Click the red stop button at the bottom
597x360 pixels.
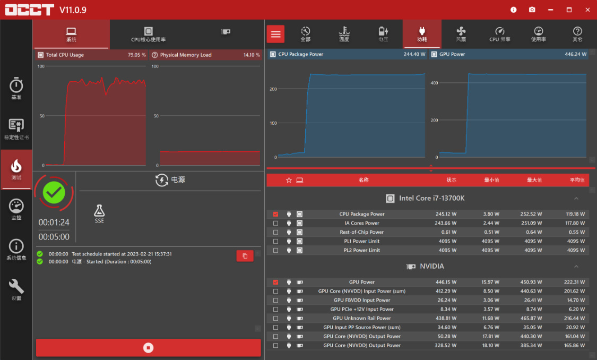[149, 347]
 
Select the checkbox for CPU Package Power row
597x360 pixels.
[275, 214]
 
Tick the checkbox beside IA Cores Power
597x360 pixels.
[275, 223]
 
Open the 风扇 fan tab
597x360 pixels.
[461, 35]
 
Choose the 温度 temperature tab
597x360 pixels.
[344, 35]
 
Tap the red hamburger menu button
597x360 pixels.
[275, 34]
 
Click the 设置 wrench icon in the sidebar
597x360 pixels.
[16, 289]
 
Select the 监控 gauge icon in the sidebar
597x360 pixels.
[16, 209]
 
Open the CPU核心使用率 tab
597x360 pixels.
[149, 35]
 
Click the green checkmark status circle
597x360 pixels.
[54, 193]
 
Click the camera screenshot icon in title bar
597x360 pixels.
[532, 10]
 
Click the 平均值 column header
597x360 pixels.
[577, 180]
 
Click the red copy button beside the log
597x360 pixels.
[245, 256]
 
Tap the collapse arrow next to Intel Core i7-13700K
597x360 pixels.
[576, 199]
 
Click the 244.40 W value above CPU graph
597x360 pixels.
[413, 54]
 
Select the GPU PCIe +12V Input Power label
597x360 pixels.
[362, 309]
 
